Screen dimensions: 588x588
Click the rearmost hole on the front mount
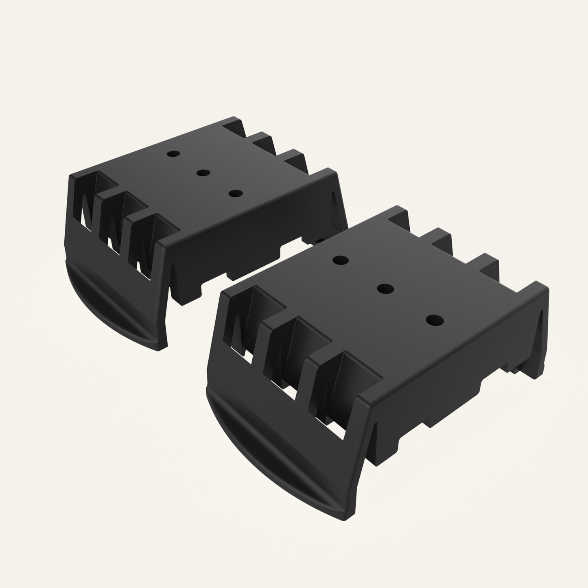(x=341, y=260)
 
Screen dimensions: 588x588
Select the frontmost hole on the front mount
(x=434, y=320)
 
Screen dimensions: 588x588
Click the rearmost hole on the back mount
(x=173, y=154)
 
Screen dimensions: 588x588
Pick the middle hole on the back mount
(x=203, y=173)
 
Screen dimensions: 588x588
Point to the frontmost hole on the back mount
(x=234, y=193)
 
